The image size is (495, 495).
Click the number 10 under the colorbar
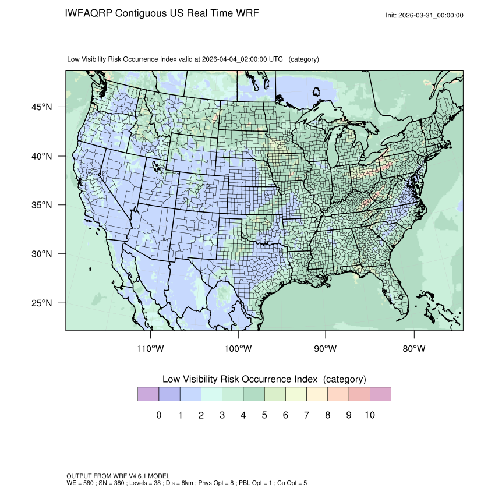tap(369, 415)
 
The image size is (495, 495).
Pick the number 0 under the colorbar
tap(159, 415)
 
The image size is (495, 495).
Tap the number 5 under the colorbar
tap(264, 415)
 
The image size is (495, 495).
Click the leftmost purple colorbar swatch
tap(148, 394)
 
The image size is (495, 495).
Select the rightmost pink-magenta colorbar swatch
tap(380, 394)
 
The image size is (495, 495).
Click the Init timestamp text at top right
tap(425, 15)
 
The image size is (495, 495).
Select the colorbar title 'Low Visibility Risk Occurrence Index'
tap(241, 379)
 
